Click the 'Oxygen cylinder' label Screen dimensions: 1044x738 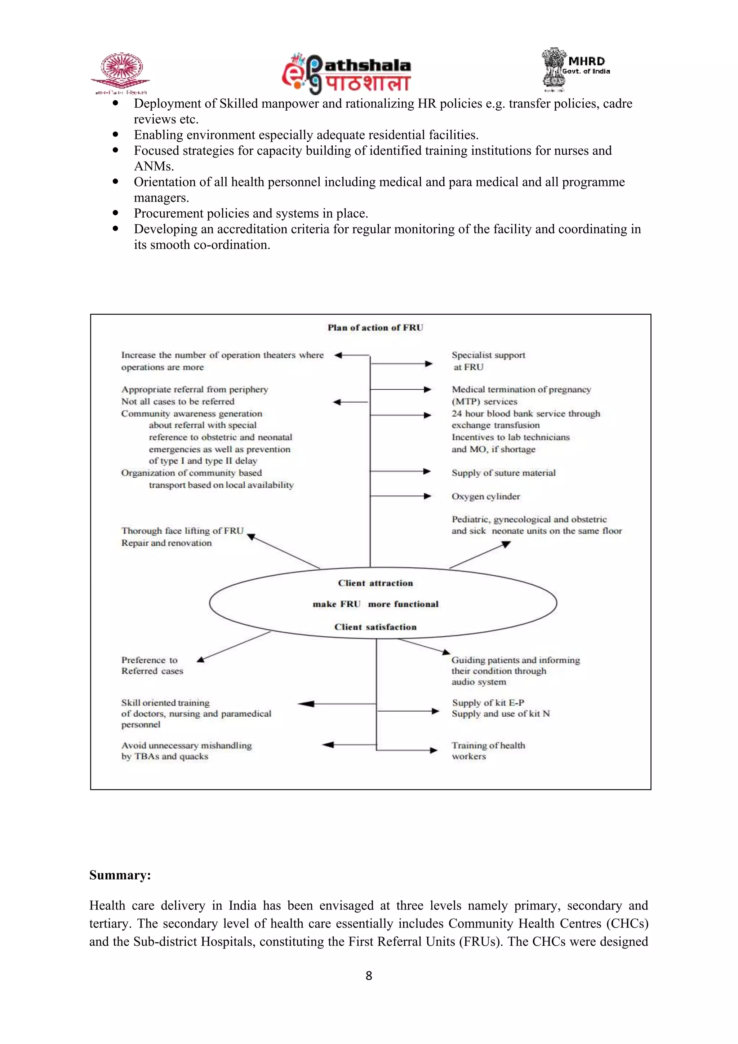pyautogui.click(x=485, y=496)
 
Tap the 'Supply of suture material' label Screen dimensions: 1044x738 pyautogui.click(x=503, y=473)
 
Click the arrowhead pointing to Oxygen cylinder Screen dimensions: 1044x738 pyautogui.click(x=427, y=496)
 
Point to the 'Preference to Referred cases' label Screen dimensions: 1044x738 pyautogui.click(x=151, y=665)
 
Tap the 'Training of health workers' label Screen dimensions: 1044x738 pyautogui.click(x=488, y=751)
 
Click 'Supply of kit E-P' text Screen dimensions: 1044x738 pyautogui.click(x=488, y=703)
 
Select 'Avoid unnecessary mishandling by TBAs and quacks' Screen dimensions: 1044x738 pyautogui.click(x=186, y=751)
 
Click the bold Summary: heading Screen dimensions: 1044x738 pyautogui.click(x=120, y=875)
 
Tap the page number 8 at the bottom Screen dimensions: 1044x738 pyautogui.click(x=369, y=976)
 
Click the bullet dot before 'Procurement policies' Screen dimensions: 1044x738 pyautogui.click(x=115, y=213)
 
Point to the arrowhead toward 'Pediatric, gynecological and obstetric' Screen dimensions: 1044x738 pyautogui.click(x=506, y=544)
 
